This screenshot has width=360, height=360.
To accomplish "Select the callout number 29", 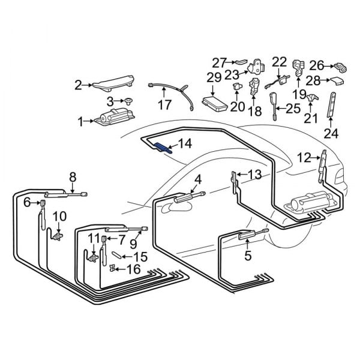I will (x=214, y=77).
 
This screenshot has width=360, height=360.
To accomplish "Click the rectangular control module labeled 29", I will (x=214, y=100).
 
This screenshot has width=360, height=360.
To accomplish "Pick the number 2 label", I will (x=78, y=85).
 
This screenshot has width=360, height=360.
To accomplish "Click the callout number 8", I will (x=73, y=176).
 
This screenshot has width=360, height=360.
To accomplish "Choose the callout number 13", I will (x=254, y=175).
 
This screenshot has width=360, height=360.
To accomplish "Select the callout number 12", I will (x=304, y=158).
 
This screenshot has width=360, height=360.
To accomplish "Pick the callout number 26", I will (x=317, y=64).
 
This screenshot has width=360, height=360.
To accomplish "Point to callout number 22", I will (x=280, y=61).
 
